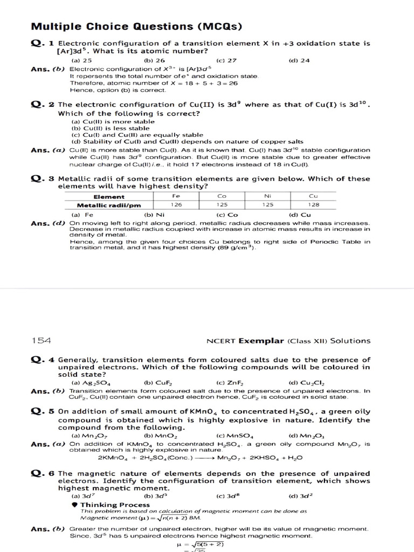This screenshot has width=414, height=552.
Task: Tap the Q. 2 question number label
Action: pos(43,105)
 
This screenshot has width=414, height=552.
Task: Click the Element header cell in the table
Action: pos(109,197)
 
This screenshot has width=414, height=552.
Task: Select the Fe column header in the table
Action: pos(176,197)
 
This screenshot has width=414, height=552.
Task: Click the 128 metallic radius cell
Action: pos(314,205)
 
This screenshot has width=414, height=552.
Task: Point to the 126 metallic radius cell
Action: pos(176,205)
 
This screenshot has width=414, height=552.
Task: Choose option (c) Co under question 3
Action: pos(223,215)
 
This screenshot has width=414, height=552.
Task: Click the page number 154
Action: pos(41,340)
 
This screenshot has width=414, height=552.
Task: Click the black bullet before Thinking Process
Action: pos(74,505)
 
